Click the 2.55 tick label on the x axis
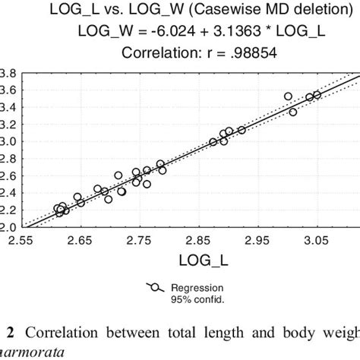coord(20,240)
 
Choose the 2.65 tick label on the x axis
coord(78,240)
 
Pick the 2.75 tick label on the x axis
coord(137,240)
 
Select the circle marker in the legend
coord(155,289)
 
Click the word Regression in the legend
coord(195,289)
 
